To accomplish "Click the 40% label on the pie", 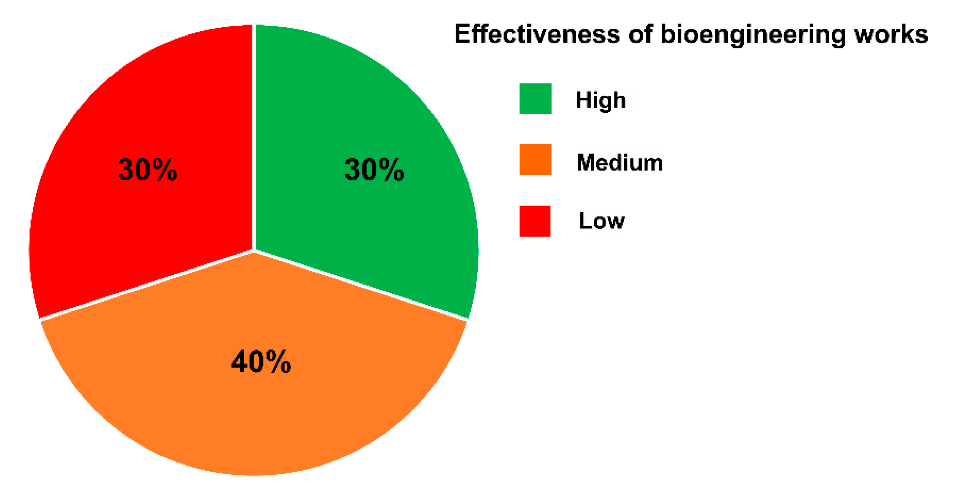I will [261, 362].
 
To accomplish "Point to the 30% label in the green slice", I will [374, 170].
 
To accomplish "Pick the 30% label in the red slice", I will [148, 170].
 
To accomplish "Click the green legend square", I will [535, 99].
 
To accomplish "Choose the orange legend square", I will [535, 160].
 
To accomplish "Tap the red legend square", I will [535, 221].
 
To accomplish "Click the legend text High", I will [601, 100].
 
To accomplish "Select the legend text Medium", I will [619, 162].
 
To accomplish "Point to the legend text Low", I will [602, 221].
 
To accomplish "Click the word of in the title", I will [640, 34].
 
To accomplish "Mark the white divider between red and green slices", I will [254, 137].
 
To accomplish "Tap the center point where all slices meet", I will [254, 251].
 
